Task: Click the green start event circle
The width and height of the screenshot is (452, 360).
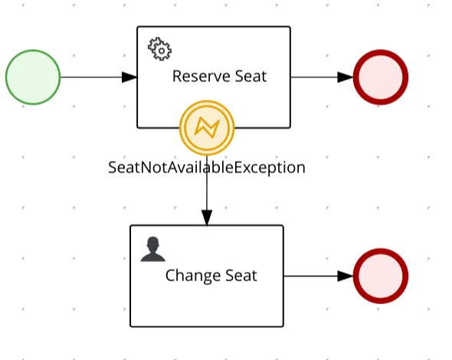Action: coord(33,77)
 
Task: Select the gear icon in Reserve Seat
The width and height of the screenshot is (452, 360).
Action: coord(159,49)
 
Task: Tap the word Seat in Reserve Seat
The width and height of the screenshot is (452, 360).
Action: coord(251,77)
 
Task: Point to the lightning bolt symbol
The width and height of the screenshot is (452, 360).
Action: coord(207,128)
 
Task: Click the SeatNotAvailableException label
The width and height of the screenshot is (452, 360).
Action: coord(207,168)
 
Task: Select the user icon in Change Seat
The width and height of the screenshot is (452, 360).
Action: coord(152,249)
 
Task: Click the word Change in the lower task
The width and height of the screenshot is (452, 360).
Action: coord(193,276)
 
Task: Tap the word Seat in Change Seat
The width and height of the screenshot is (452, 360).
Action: coord(241,276)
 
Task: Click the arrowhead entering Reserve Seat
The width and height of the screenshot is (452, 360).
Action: coord(129,77)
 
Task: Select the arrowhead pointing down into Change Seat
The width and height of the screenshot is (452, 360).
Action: coord(207,218)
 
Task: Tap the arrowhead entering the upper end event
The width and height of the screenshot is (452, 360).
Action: coord(346,77)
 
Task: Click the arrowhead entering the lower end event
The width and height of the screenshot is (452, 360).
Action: coord(346,276)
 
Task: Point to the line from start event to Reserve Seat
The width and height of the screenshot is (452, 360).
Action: coord(99,77)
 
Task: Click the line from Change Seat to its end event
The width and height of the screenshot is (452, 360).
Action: coord(319,276)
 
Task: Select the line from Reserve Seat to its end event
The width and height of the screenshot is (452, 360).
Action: coord(322,77)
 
